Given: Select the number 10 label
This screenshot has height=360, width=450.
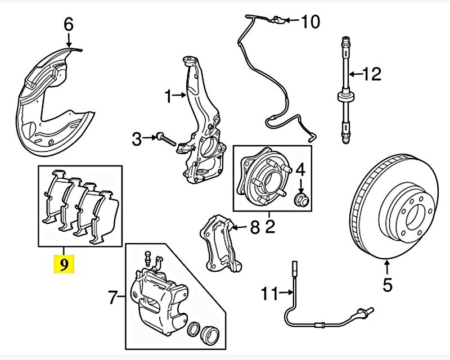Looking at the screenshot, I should pyautogui.click(x=310, y=22).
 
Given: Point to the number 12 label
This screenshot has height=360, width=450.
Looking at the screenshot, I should pyautogui.click(x=372, y=74).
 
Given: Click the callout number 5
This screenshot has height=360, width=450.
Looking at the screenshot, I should pyautogui.click(x=388, y=285).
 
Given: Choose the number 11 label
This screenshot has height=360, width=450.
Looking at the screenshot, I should pyautogui.click(x=270, y=293).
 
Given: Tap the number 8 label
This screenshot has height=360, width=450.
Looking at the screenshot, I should pyautogui.click(x=254, y=228).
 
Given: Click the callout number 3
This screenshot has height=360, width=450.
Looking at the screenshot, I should pyautogui.click(x=137, y=138).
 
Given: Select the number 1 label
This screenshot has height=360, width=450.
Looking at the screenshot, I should pyautogui.click(x=168, y=97).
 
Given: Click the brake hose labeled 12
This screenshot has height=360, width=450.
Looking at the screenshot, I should pyautogui.click(x=343, y=90).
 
